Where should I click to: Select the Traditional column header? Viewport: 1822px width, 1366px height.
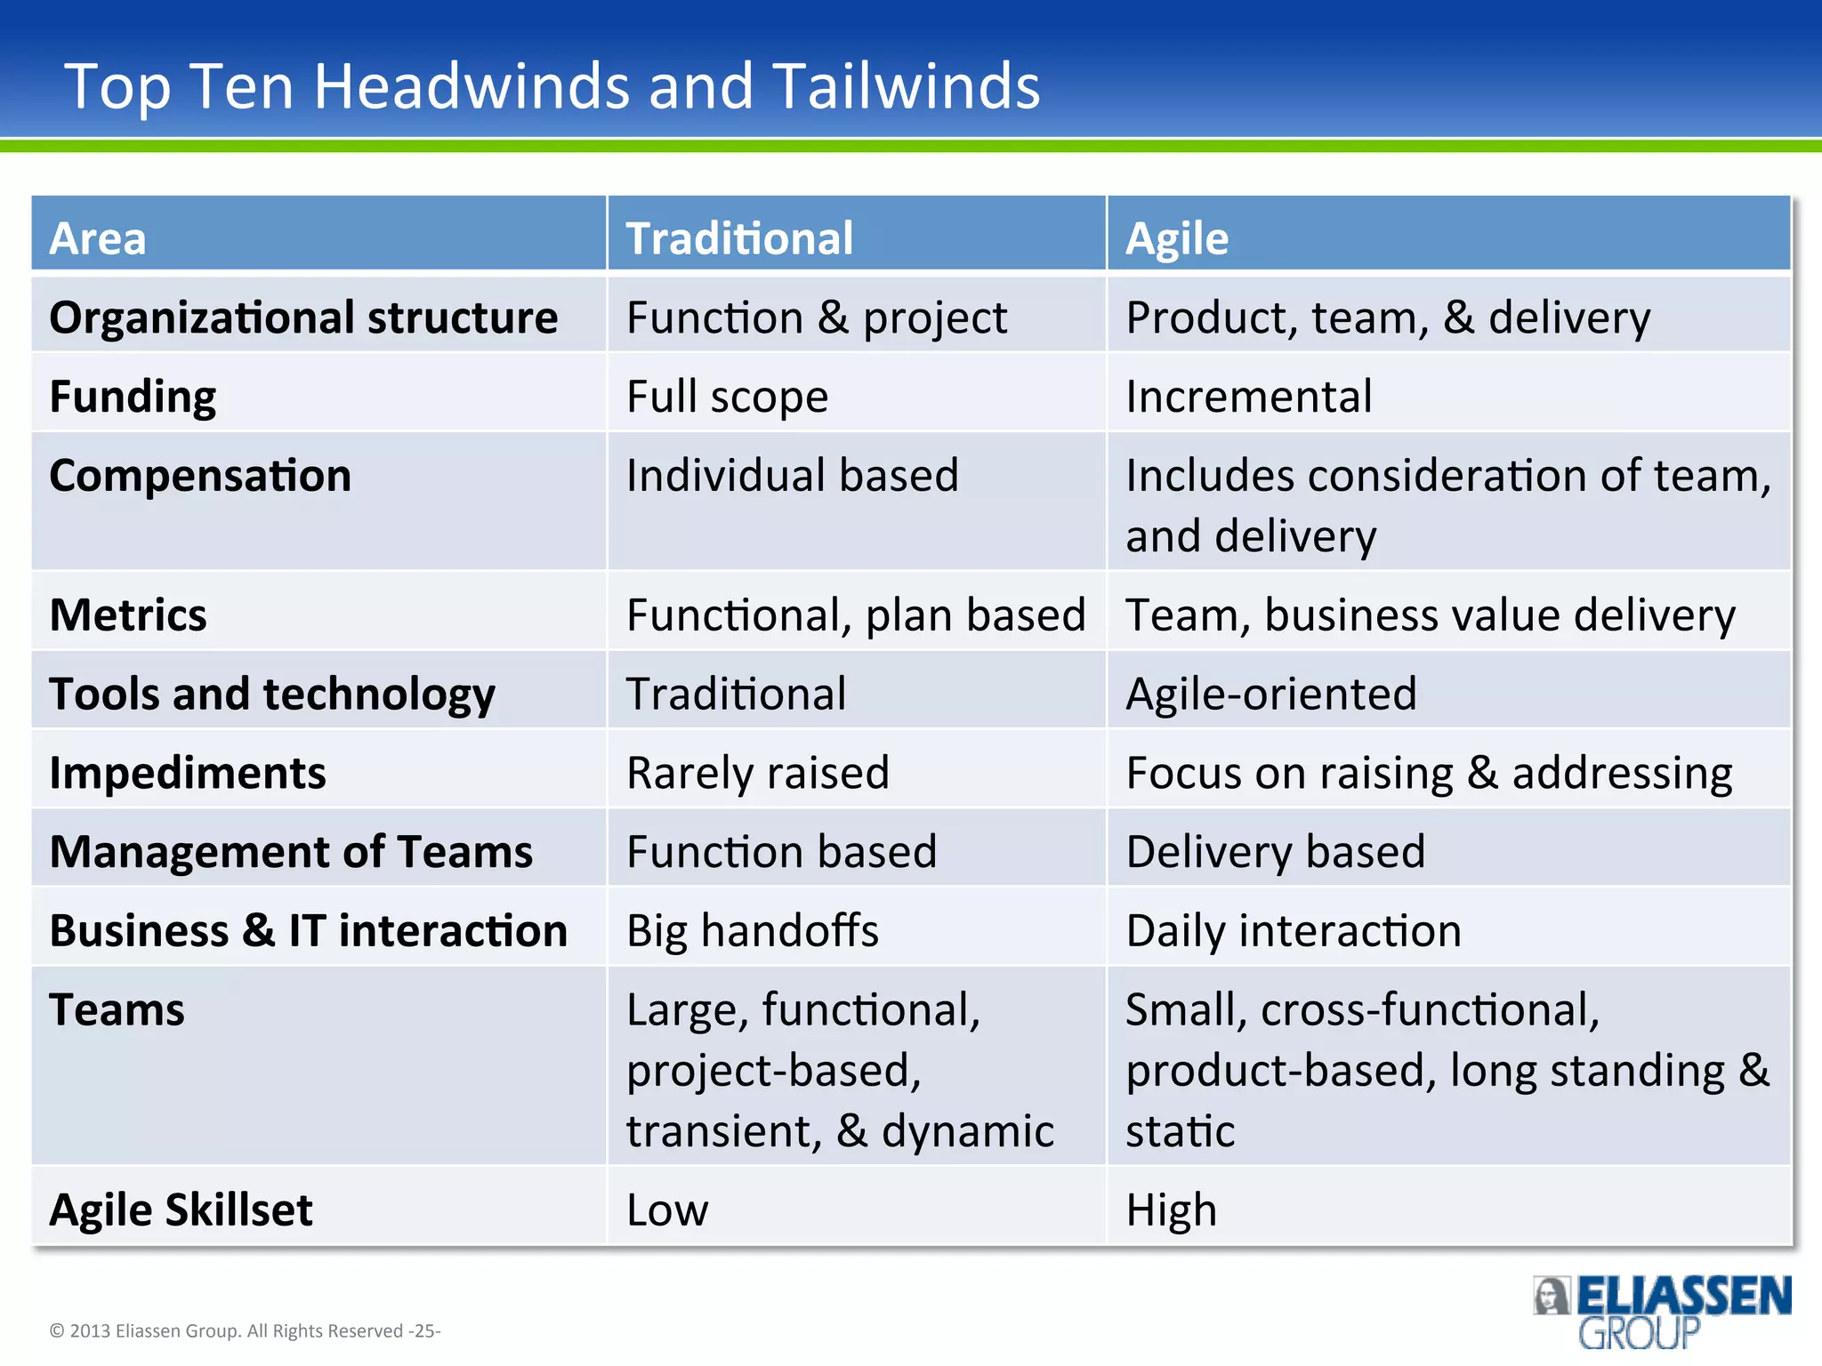point(739,238)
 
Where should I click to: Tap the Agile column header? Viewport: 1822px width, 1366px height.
point(1176,238)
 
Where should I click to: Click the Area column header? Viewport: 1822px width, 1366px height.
point(98,238)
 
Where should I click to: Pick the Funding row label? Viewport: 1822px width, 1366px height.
point(133,397)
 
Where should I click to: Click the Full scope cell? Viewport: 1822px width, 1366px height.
point(727,397)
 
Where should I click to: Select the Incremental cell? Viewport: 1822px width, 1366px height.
point(1248,397)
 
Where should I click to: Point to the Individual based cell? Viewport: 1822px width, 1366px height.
point(792,475)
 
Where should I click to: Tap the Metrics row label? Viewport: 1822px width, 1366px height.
point(128,615)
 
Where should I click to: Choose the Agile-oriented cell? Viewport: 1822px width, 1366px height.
point(1270,694)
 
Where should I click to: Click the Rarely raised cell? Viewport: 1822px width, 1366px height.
point(757,772)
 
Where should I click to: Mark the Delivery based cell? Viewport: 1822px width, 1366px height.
point(1275,851)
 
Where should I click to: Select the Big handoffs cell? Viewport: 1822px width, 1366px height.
point(752,930)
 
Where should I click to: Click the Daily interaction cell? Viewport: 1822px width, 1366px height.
point(1293,930)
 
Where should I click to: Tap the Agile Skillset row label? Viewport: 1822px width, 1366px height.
point(181,1209)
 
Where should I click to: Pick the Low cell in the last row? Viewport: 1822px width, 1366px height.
point(667,1209)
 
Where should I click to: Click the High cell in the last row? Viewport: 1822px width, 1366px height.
point(1171,1209)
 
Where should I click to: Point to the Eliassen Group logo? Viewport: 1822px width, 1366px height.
point(1662,1311)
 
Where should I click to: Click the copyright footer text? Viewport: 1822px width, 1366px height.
point(245,1330)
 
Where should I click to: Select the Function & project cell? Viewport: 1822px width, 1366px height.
point(816,317)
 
